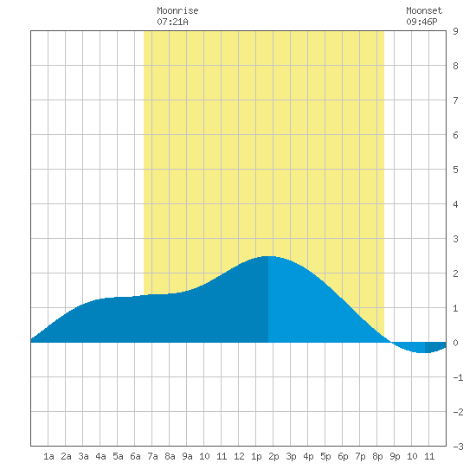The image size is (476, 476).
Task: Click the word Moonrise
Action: (x=177, y=10)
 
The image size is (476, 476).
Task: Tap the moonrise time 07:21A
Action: (x=172, y=22)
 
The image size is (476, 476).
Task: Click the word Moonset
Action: (x=424, y=10)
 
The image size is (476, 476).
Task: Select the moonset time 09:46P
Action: (x=421, y=22)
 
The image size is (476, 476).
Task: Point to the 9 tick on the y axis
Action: (x=455, y=31)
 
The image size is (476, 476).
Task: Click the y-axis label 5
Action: (x=455, y=170)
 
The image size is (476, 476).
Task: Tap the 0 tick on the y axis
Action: (x=455, y=343)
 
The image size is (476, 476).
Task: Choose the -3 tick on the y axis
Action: (x=458, y=447)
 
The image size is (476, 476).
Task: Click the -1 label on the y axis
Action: (x=458, y=377)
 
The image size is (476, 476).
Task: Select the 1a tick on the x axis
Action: (x=48, y=456)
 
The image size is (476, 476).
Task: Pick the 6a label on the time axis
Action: (x=135, y=456)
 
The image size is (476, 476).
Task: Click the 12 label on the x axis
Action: (x=239, y=456)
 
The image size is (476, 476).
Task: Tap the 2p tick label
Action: (x=273, y=456)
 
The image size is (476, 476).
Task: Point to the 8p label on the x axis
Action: (x=377, y=456)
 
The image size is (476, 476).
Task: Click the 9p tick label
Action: (x=395, y=456)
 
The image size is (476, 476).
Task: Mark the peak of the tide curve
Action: (x=268, y=256)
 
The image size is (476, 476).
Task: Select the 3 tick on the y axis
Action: (x=455, y=239)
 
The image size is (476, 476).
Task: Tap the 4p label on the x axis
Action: (x=308, y=456)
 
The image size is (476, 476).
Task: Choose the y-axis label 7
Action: (x=455, y=100)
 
